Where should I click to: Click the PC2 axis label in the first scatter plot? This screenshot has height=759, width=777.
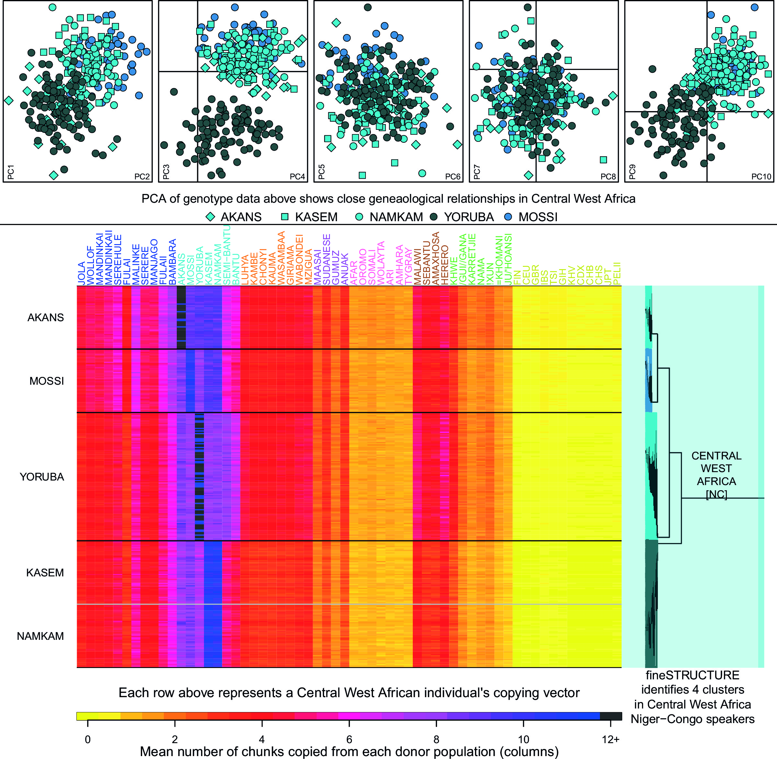point(142,176)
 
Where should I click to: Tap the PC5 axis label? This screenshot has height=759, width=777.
point(322,171)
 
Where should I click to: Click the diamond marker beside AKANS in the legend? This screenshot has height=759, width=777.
point(210,217)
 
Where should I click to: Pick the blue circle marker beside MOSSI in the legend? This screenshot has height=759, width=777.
point(508,217)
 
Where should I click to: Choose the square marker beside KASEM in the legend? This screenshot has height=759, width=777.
point(285,217)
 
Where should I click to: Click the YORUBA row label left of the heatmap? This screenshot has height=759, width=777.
point(42,477)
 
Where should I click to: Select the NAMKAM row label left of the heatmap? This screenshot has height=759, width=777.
point(40,636)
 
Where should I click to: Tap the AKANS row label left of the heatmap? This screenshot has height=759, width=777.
point(45,318)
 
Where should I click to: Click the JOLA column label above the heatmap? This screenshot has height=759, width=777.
point(81,274)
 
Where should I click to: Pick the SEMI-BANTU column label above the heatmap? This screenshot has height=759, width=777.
point(226,255)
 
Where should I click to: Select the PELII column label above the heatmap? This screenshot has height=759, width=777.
point(617,274)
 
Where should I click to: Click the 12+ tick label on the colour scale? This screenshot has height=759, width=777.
point(610,740)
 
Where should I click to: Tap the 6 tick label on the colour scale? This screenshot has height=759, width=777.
point(349,740)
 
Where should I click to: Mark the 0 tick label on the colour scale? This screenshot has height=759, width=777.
point(88,740)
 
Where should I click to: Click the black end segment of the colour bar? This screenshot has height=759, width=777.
point(611,716)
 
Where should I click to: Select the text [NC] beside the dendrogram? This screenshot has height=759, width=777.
point(716,494)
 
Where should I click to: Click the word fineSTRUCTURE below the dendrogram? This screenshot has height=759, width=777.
point(693,675)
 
